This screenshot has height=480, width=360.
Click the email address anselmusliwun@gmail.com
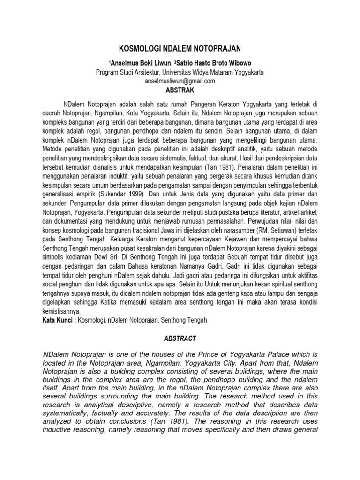coord(180,81)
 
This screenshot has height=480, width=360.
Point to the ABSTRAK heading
coord(180,90)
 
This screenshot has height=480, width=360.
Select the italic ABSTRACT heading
coord(180,337)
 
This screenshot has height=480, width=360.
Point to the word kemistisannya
coord(60,311)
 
